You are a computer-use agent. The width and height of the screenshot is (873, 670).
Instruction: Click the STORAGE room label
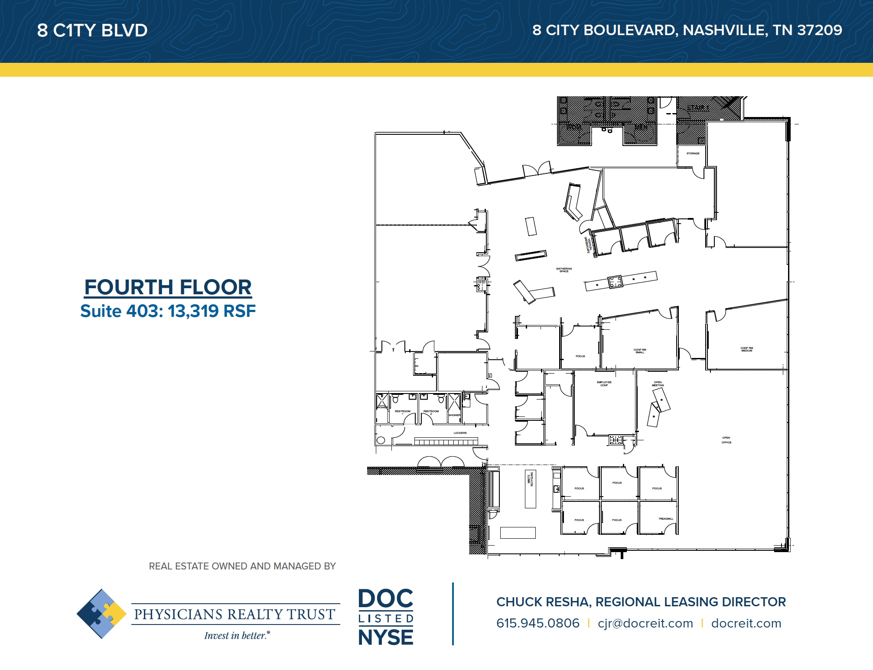(693, 153)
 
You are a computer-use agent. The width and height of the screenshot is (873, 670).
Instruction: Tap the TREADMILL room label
(665, 519)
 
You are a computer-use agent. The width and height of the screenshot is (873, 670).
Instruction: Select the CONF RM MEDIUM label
(746, 349)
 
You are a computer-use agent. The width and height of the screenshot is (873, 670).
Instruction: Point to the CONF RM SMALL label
(639, 351)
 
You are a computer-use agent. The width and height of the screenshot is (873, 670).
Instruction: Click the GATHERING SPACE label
(564, 270)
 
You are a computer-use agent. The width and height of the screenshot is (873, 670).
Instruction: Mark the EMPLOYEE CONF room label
(604, 384)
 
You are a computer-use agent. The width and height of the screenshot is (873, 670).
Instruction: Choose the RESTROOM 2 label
(431, 412)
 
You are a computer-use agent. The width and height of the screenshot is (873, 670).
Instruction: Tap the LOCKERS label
(460, 433)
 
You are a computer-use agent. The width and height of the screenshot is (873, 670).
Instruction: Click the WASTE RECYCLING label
(530, 479)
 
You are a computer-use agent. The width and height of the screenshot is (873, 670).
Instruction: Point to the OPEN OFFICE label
(726, 440)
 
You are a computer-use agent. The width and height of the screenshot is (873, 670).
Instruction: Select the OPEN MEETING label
(658, 384)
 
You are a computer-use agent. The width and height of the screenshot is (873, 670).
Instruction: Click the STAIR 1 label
(697, 107)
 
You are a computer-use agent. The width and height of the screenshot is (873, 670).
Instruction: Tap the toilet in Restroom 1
(395, 399)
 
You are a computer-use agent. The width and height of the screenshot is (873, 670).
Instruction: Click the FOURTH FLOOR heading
(168, 287)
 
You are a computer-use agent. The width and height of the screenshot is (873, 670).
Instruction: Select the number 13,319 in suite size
(193, 311)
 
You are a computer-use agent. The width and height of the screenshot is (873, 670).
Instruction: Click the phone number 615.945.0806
(537, 623)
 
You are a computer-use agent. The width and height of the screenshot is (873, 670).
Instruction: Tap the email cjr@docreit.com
(645, 623)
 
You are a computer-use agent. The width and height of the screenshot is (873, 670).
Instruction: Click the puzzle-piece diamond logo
(101, 614)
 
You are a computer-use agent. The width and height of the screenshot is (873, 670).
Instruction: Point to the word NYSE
(385, 637)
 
